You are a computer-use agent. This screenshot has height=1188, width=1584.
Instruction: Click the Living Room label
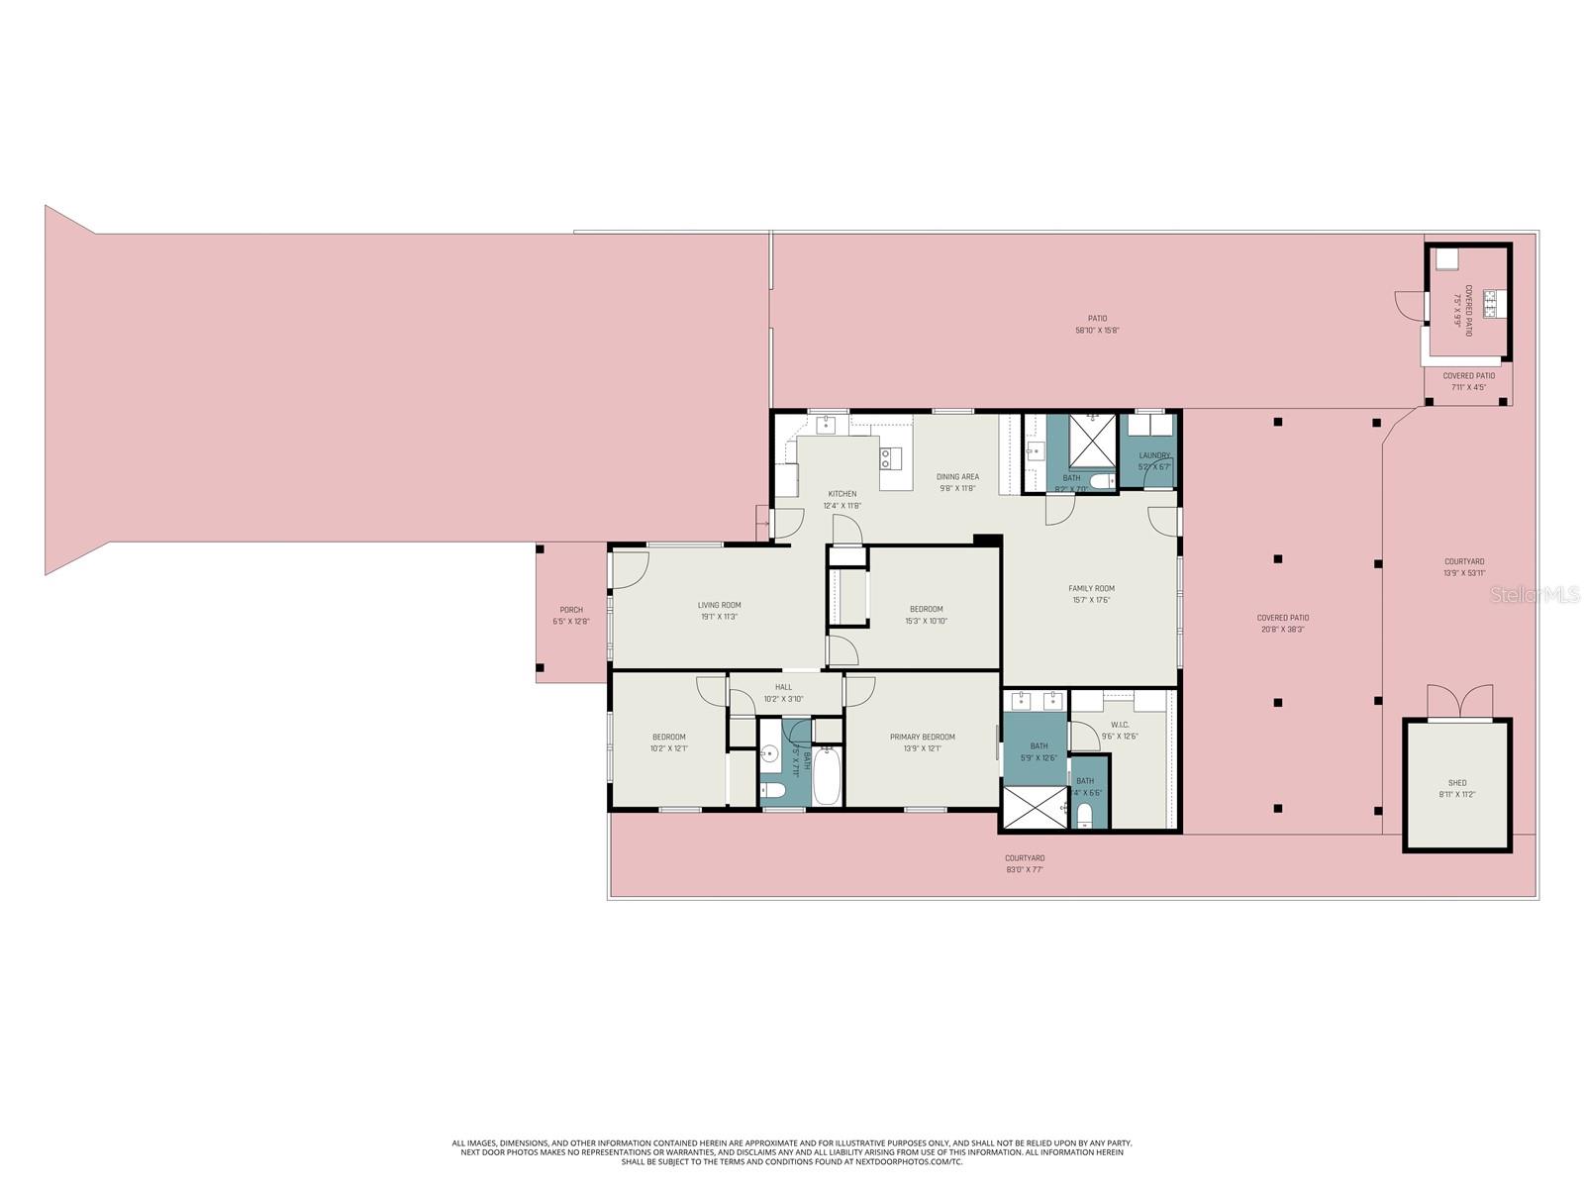click(x=719, y=605)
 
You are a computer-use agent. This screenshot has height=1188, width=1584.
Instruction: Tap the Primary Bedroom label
click(x=922, y=737)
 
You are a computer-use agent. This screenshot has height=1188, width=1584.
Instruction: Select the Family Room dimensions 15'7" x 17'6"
click(x=1091, y=600)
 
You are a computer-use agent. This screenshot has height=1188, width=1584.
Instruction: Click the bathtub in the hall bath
click(x=828, y=777)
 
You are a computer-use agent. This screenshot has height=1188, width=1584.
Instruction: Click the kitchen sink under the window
click(x=827, y=425)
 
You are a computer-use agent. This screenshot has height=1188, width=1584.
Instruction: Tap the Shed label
click(x=1456, y=783)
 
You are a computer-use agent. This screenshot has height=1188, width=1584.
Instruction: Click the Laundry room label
click(x=1154, y=455)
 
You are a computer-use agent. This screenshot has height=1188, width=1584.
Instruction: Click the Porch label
click(x=571, y=610)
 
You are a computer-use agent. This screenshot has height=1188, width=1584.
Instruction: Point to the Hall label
click(x=783, y=687)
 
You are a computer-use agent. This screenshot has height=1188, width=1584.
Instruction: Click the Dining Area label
click(x=957, y=477)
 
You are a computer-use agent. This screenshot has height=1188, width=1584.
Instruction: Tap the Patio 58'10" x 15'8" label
click(x=1097, y=319)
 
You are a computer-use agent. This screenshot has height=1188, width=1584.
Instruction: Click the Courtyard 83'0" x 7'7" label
click(x=1025, y=858)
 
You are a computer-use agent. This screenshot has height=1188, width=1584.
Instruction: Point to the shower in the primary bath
click(x=1036, y=807)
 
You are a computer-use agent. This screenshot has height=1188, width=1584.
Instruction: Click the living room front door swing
click(x=631, y=565)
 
